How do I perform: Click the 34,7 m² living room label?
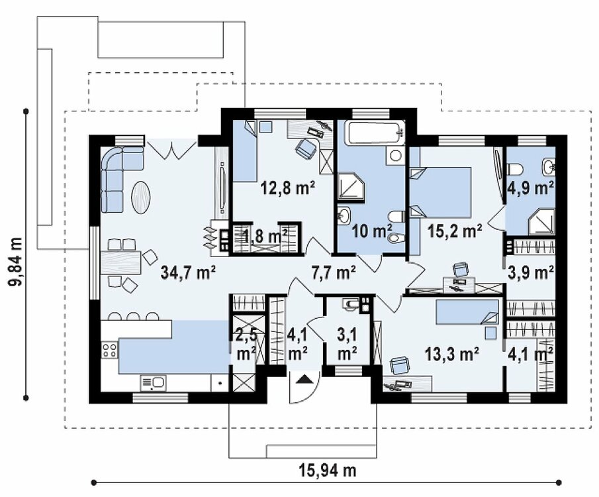[189, 272]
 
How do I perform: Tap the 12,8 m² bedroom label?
[288, 188]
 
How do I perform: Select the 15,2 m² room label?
[455, 231]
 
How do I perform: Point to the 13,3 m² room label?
[452, 354]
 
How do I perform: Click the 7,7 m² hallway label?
[334, 272]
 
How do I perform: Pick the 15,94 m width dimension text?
[328, 470]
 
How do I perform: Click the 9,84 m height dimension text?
[16, 262]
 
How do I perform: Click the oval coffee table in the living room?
[140, 197]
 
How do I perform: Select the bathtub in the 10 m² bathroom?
[375, 133]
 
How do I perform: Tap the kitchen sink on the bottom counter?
[154, 383]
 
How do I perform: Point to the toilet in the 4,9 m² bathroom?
[516, 168]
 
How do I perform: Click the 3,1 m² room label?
[347, 345]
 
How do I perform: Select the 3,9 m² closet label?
[531, 273]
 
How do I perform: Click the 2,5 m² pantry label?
[246, 345]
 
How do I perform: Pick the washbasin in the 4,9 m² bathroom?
[549, 166]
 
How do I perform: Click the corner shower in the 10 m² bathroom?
[351, 187]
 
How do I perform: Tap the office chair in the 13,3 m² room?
[400, 365]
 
